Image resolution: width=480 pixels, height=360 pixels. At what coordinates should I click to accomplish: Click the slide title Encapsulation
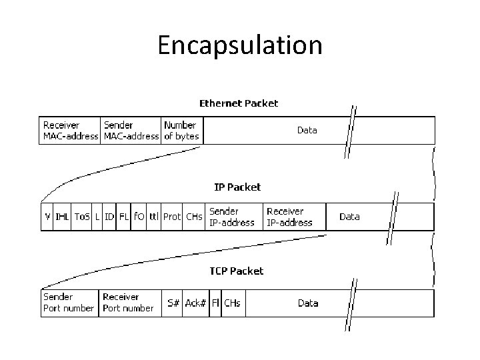[240, 45]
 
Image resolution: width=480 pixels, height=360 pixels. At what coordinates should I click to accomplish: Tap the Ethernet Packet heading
[239, 103]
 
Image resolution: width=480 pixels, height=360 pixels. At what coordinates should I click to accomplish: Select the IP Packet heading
[237, 187]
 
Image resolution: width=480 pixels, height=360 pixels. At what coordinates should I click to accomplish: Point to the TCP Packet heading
[237, 271]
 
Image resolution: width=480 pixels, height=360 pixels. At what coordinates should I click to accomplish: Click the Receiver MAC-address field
[70, 130]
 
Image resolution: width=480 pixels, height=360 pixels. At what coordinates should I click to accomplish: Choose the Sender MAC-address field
[131, 130]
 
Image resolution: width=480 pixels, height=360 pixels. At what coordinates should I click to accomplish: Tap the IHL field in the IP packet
[62, 217]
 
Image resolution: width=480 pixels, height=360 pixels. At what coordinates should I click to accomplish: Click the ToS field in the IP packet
[81, 217]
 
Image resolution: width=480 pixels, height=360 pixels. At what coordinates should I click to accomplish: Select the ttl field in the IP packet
[154, 217]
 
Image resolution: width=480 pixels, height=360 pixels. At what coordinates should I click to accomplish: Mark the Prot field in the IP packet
[172, 217]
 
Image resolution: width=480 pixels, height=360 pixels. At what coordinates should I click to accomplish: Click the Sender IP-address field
[231, 217]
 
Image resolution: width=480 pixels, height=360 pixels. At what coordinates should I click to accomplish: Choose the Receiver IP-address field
[289, 217]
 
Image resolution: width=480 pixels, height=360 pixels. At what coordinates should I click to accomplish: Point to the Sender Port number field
[69, 303]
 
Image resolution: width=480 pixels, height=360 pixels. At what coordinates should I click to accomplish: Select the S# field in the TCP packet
[173, 303]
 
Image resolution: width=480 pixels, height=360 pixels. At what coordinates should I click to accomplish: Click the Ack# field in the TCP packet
[195, 303]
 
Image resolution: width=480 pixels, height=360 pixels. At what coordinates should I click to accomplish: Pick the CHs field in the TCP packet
[232, 303]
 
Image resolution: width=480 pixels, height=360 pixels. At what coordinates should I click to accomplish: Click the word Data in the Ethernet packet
[307, 130]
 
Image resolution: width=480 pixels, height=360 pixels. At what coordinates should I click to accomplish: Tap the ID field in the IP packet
[109, 217]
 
